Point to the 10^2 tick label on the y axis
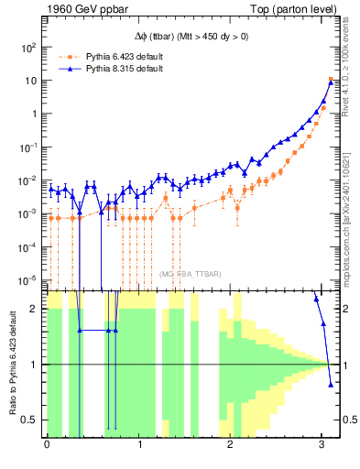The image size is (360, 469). pos(29,47)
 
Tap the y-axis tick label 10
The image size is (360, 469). pos(32,81)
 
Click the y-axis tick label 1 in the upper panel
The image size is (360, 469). pos(35,114)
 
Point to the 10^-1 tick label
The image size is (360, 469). pos(29,147)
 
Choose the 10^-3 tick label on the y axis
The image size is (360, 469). pos(29,213)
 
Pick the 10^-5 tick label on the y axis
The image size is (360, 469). pos(29,280)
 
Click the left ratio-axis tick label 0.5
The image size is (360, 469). pos(32,420)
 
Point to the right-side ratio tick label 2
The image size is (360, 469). pos(346,309)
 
